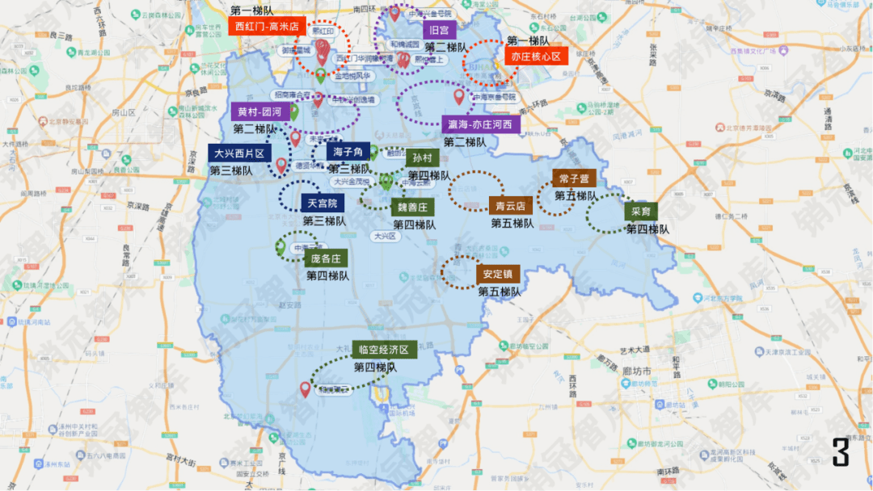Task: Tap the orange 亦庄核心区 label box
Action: point(536,57)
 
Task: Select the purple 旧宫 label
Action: point(440,31)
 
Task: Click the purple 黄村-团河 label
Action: point(259,111)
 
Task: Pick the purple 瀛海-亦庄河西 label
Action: point(479,124)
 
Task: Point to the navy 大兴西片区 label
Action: point(239,153)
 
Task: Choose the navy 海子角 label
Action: point(348,151)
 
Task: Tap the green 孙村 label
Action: point(422,158)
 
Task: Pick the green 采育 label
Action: point(640,212)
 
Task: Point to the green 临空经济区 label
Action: point(384,350)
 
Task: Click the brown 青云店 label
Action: point(510,206)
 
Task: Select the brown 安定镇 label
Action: point(499,275)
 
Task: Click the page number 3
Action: point(841,452)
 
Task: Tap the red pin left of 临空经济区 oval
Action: point(306,389)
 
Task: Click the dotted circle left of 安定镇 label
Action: point(461,272)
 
